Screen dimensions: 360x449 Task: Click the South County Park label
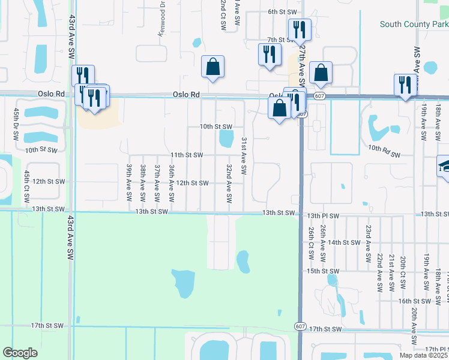tap(414, 25)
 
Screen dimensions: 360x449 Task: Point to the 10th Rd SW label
tap(384, 151)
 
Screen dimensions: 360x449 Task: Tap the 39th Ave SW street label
tap(129, 182)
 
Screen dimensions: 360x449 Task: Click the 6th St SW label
tap(283, 12)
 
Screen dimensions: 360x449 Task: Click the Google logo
tap(20, 353)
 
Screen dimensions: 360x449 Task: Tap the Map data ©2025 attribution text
tap(423, 355)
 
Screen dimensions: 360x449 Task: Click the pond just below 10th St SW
tap(226, 139)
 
